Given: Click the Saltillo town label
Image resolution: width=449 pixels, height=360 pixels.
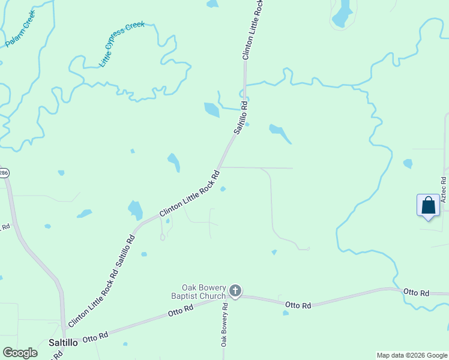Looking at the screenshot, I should [62, 343].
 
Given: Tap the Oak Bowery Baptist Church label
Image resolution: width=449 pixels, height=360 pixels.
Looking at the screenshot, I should [204, 292].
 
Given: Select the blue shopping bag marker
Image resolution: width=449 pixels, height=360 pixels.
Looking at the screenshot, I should [428, 205].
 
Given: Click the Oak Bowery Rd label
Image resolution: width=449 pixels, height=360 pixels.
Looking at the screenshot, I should [224, 325].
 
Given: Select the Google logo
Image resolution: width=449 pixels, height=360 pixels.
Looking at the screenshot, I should [20, 353].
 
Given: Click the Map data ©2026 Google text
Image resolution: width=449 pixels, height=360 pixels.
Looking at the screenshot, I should [411, 355].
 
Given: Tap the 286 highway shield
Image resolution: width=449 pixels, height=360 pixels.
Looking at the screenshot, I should [3, 173].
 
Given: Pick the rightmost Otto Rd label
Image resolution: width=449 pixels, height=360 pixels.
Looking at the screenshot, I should [416, 293].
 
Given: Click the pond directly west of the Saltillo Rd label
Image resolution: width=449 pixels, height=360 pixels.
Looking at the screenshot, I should [211, 109].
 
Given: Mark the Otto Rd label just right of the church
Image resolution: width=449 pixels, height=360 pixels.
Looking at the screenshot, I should [298, 305].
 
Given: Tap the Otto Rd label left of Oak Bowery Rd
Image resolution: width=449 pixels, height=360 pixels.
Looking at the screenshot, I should [181, 311].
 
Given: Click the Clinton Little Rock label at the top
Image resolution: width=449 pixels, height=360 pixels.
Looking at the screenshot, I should [252, 29].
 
